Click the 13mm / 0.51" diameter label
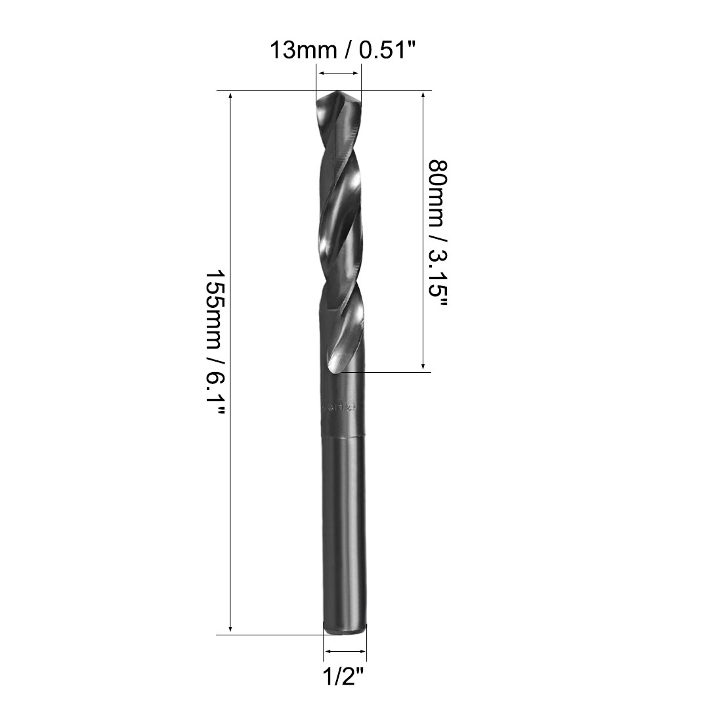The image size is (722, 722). [343, 50]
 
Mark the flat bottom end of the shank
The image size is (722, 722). [345, 632]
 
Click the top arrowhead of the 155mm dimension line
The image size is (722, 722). [230, 96]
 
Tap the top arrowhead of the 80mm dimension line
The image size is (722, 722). [424, 96]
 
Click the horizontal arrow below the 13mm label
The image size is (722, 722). [339, 74]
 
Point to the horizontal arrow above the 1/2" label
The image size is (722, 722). [345, 652]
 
